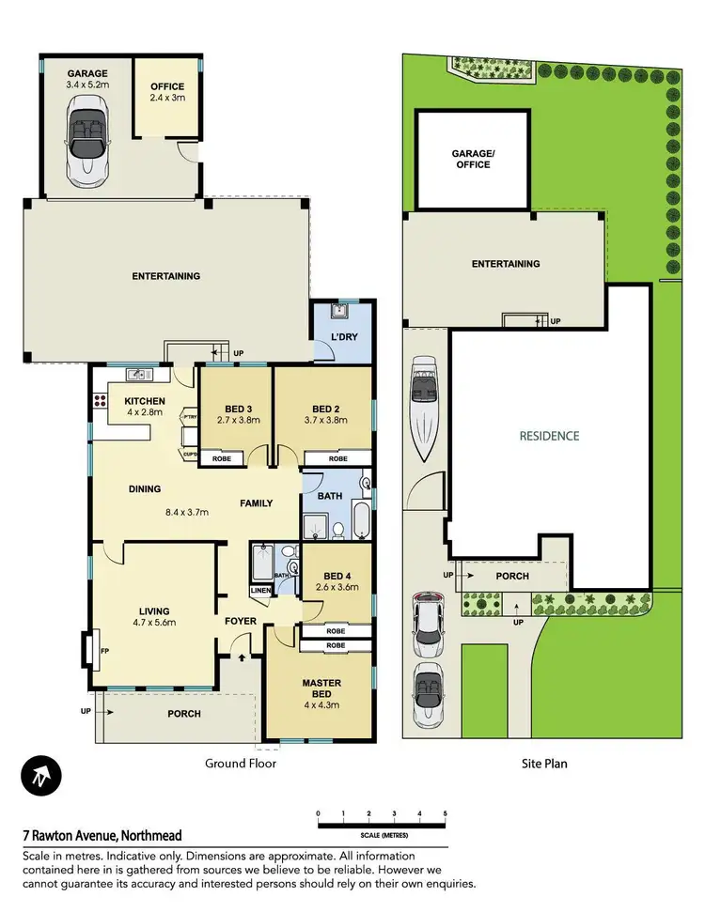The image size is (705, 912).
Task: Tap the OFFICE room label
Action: click(167, 87)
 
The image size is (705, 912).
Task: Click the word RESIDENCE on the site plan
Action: click(550, 436)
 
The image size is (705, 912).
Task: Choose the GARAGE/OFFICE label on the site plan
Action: click(472, 160)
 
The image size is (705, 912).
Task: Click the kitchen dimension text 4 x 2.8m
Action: click(146, 413)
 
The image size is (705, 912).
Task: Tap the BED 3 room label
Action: click(236, 409)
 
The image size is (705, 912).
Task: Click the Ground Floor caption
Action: click(241, 765)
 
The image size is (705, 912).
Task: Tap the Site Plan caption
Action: click(544, 765)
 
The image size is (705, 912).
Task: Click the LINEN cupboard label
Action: click(260, 590)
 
